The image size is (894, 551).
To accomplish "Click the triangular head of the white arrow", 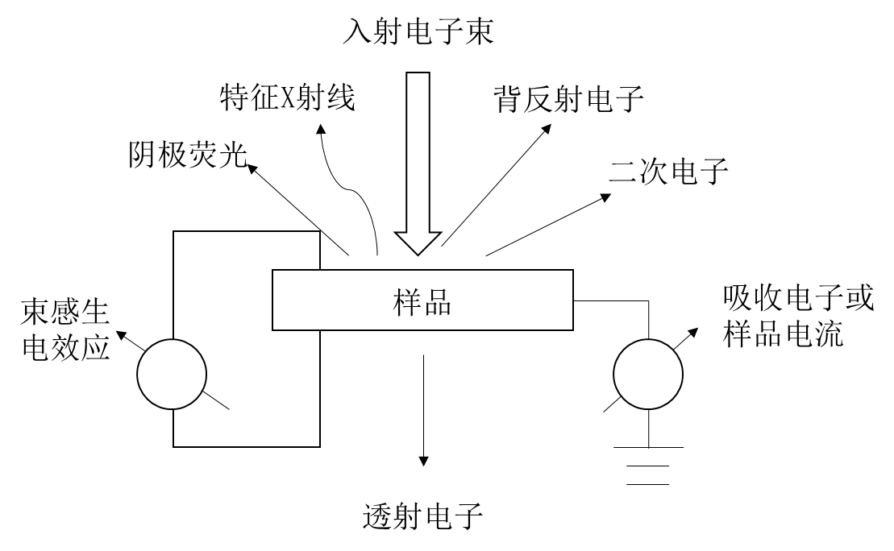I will coord(418,242).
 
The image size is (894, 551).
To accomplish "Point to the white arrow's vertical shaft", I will coord(418,153).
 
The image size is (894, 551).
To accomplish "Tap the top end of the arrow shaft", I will coord(418,75).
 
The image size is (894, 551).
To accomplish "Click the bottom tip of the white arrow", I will coord(418,253).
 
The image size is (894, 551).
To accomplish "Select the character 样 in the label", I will coord(407,302).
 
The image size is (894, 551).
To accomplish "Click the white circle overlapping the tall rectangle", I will coord(172,374).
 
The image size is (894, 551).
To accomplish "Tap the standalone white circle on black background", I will coord(648,374).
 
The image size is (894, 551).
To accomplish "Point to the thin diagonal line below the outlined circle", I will coord(216,400).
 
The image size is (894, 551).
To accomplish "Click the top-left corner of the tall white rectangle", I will coord(175,233).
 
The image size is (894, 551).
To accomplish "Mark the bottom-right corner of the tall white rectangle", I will coord(318,445).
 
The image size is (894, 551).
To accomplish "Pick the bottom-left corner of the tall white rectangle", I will coord(175,445).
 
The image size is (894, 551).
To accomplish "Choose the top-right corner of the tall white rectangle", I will coord(318,233).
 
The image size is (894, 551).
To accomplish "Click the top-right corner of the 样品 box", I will coord(572,271).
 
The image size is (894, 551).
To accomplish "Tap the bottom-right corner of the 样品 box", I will coord(572,329).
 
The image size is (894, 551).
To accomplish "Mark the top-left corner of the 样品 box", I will coord(272,271).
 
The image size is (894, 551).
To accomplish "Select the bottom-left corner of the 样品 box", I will coord(272,329).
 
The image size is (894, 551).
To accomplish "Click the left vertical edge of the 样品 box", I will coord(272,300).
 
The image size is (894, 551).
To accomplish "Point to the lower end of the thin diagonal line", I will coord(229,409).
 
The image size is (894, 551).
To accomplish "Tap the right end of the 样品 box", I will coord(572,300).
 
